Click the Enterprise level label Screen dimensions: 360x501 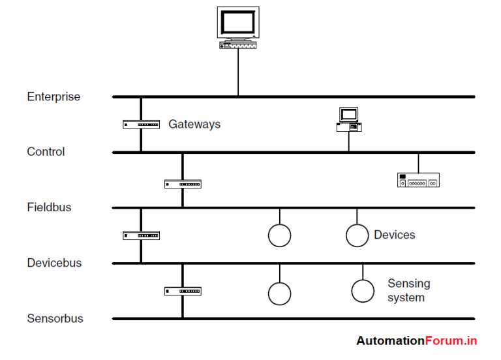point(53,97)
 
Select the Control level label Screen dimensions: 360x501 point(46,152)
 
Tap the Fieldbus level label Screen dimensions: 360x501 point(49,207)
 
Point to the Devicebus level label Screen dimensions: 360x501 point(54,263)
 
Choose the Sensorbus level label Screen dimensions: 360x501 point(55,319)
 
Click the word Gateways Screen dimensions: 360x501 point(194,124)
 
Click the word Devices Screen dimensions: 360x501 point(394,235)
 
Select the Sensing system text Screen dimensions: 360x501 point(408,291)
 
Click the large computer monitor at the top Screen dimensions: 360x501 point(237,26)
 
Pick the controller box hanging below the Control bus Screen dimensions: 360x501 point(418,180)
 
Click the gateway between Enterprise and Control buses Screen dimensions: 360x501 point(141,125)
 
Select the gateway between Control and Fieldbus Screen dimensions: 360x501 point(183,184)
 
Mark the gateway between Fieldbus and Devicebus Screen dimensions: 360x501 point(141,235)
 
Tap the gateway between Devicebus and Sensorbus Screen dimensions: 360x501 point(183,291)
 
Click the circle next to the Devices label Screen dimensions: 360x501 point(357,235)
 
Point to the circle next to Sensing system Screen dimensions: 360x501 point(363,291)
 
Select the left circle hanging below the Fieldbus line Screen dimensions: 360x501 point(280,235)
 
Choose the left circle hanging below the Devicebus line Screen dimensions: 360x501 point(280,293)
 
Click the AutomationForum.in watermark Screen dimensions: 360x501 point(416,340)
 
